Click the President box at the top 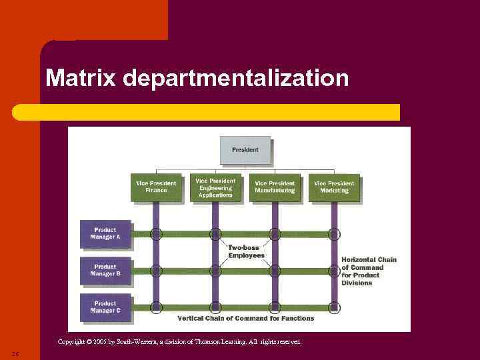(245, 150)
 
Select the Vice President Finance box (156, 187)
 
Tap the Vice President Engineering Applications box (215, 187)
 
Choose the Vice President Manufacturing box (275, 187)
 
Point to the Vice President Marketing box (334, 187)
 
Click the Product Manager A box (105, 234)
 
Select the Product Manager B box (105, 271)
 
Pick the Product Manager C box (105, 307)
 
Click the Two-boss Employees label (246, 251)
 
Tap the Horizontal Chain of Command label (369, 271)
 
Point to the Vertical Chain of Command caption (245, 319)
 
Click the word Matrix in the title (81, 79)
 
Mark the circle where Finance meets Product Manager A (156, 234)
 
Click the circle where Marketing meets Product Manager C (334, 307)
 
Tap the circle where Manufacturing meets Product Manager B (275, 271)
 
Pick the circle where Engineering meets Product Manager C (215, 307)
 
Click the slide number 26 (15, 353)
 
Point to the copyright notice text (179, 342)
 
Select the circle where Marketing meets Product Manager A (334, 234)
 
